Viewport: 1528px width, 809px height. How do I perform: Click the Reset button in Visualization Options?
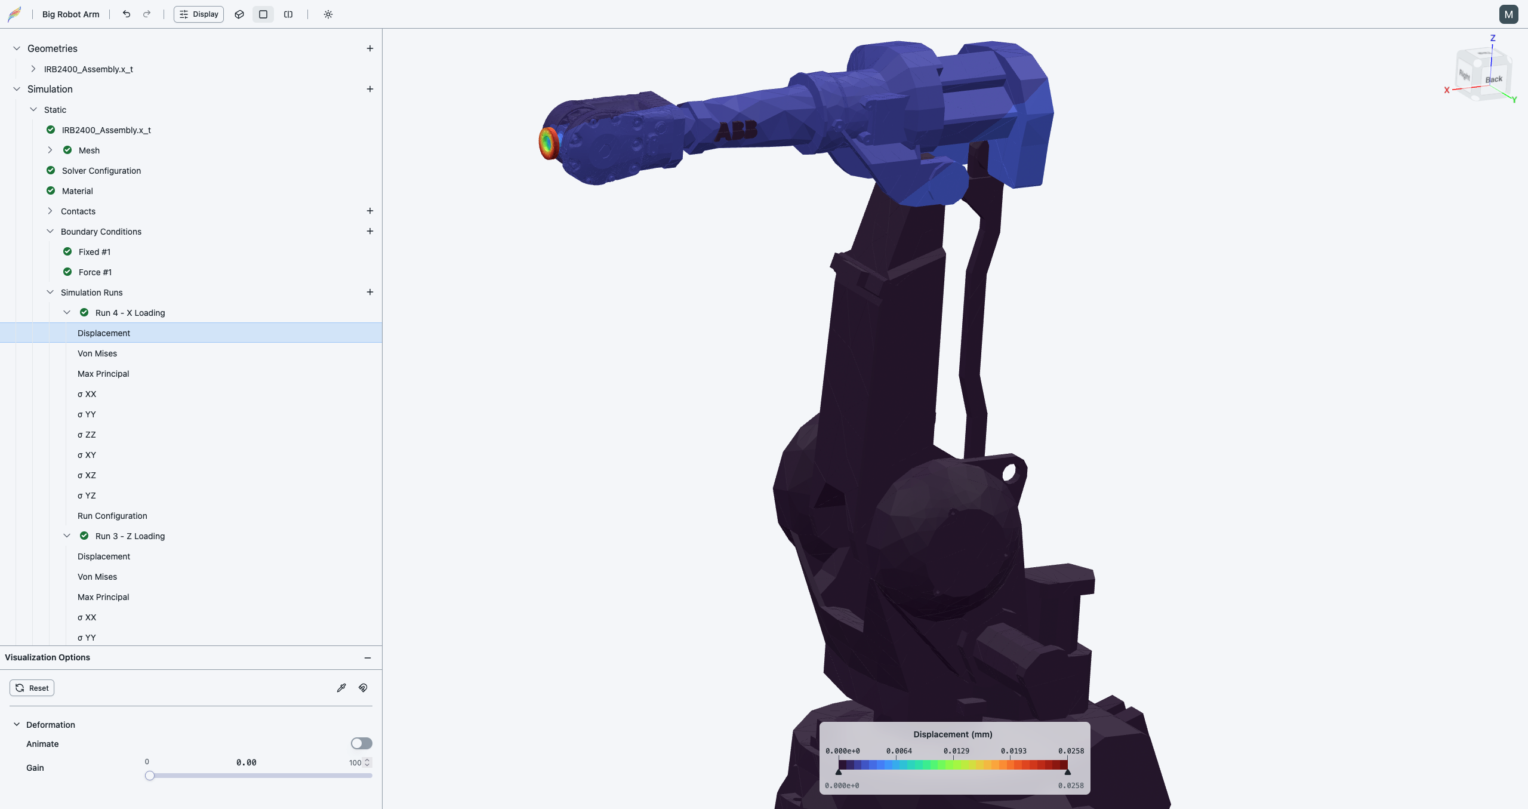32,688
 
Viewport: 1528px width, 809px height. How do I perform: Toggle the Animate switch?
361,743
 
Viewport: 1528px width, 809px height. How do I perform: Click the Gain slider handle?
150,776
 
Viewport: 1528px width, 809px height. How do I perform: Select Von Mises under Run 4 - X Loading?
97,353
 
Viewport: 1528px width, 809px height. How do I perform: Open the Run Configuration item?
112,516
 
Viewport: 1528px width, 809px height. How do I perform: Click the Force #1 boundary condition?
95,272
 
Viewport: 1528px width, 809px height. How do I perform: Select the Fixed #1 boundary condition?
94,252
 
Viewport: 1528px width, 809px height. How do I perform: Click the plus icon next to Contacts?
370,211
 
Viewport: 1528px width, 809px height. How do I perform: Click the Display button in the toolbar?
199,14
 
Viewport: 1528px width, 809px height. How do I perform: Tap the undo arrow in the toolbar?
127,14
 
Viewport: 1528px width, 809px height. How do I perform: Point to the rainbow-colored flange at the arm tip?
547,143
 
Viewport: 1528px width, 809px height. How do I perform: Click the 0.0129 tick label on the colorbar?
956,751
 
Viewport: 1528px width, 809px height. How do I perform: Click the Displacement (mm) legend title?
953,734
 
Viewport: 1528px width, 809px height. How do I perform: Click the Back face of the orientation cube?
1494,79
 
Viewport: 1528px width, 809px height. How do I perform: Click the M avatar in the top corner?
1508,14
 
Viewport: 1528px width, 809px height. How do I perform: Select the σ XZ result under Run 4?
87,475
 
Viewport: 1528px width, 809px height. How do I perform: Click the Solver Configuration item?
101,171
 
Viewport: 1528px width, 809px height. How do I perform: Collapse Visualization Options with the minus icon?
368,657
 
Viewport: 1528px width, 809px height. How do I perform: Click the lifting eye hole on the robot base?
1009,473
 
